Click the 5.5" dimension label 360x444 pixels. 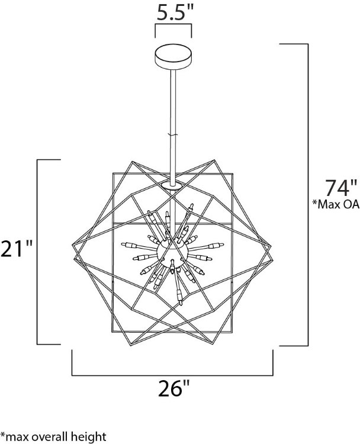(x=173, y=11)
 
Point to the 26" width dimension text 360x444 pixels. (x=173, y=391)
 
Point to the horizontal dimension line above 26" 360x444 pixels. (x=172, y=375)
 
